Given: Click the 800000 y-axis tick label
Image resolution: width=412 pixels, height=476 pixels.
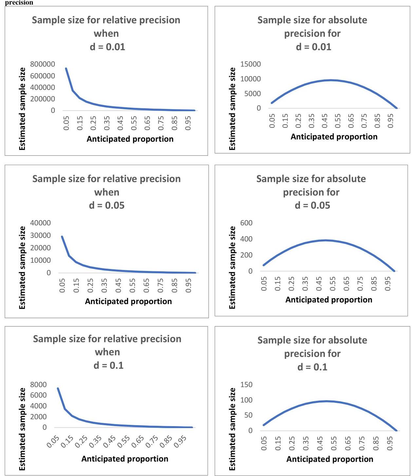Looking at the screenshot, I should point(43,64).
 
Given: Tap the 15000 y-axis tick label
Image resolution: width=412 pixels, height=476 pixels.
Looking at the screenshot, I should point(251,64).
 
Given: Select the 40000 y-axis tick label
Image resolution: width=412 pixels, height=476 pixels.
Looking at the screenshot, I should point(41,223).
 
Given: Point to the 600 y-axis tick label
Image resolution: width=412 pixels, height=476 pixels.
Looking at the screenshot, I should point(246,223).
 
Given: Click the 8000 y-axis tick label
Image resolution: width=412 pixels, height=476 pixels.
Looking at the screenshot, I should point(38,384).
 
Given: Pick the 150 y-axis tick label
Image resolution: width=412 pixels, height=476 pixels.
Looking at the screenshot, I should point(246,384).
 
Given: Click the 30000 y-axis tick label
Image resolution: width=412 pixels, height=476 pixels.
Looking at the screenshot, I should point(41,236).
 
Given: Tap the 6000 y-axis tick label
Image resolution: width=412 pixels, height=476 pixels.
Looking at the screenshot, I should point(38,395).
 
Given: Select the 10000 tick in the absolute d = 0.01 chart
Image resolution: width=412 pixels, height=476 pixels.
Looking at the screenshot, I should point(251,79).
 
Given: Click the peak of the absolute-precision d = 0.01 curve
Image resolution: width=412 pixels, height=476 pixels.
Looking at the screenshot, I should point(331,80).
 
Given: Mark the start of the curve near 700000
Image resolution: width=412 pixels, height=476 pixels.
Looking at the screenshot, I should point(66,69).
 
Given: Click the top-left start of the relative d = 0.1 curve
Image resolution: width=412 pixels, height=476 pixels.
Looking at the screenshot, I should point(58,388).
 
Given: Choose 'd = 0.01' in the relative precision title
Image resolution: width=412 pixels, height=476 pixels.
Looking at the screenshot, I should point(107,47).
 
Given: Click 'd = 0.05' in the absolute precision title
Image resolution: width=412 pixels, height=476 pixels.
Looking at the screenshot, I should point(312,205).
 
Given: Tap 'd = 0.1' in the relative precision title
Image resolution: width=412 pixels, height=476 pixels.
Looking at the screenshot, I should point(108,365).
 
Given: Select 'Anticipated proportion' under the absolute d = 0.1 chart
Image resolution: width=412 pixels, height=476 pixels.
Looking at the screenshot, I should point(330,459).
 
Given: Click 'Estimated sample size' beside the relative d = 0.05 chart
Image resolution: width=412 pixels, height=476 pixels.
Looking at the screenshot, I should point(22,267).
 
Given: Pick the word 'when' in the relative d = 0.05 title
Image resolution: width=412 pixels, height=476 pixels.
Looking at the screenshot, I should point(107,192).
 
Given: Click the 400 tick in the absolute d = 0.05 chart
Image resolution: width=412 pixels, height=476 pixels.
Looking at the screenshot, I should point(246,239).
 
